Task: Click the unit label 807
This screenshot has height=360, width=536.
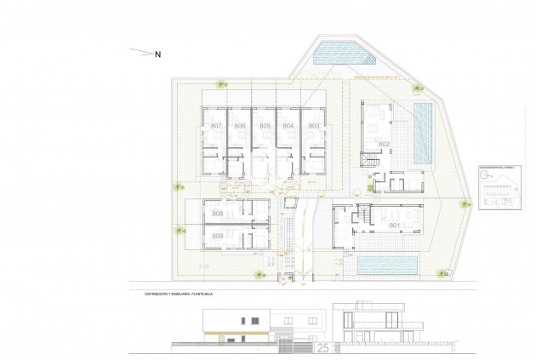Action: coord(216,126)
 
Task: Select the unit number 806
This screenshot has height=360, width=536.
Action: coord(241,126)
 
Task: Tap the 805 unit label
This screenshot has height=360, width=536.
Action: coord(265,126)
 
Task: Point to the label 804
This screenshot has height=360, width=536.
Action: coord(289,126)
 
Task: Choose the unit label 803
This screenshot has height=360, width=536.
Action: coord(314,126)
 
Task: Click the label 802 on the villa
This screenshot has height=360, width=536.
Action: coord(384,145)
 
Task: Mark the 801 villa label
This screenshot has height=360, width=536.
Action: coord(395,226)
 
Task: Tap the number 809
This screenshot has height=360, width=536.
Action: coord(218,235)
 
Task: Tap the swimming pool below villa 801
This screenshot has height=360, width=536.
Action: coord(387,266)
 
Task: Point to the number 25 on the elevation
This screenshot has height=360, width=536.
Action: coord(322,348)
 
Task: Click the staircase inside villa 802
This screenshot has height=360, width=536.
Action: coord(371,161)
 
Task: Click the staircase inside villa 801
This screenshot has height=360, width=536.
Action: coord(361,224)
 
